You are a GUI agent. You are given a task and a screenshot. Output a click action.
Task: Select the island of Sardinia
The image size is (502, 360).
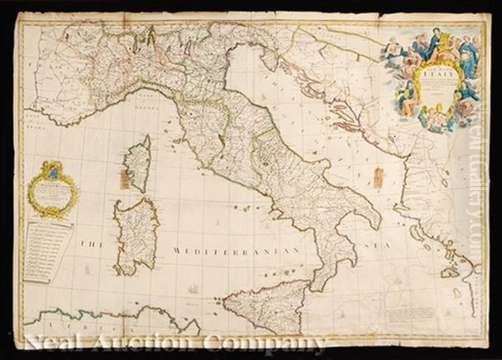pyautogui.click(x=136, y=238)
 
